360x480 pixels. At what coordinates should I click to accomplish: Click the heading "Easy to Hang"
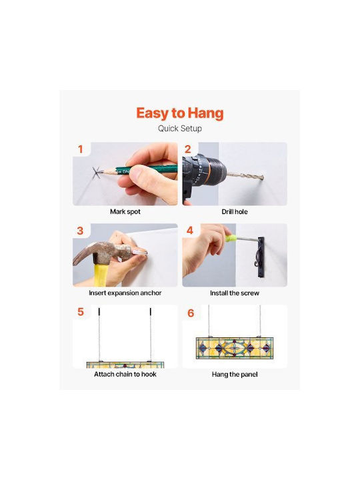point(180,113)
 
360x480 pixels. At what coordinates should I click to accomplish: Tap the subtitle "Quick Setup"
point(180,129)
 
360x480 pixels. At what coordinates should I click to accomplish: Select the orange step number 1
point(80,149)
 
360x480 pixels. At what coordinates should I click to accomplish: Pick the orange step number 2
point(187,149)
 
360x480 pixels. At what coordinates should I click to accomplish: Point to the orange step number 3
point(80,231)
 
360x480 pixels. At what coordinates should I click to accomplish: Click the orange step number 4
point(190,230)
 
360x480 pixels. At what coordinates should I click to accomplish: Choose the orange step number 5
point(80,311)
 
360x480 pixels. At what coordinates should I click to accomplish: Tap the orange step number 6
point(191,313)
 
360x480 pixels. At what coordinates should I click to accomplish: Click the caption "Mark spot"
point(125,211)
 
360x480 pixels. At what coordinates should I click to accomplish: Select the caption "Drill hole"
point(235,211)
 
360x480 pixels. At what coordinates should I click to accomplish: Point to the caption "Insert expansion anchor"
point(125,293)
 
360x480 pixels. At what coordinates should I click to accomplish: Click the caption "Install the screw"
point(235,293)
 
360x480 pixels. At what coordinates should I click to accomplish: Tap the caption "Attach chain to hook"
point(125,374)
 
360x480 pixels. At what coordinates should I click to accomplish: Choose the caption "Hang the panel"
point(235,375)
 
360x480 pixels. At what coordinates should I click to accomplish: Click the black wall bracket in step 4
point(260,257)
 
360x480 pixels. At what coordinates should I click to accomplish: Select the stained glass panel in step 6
point(235,348)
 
